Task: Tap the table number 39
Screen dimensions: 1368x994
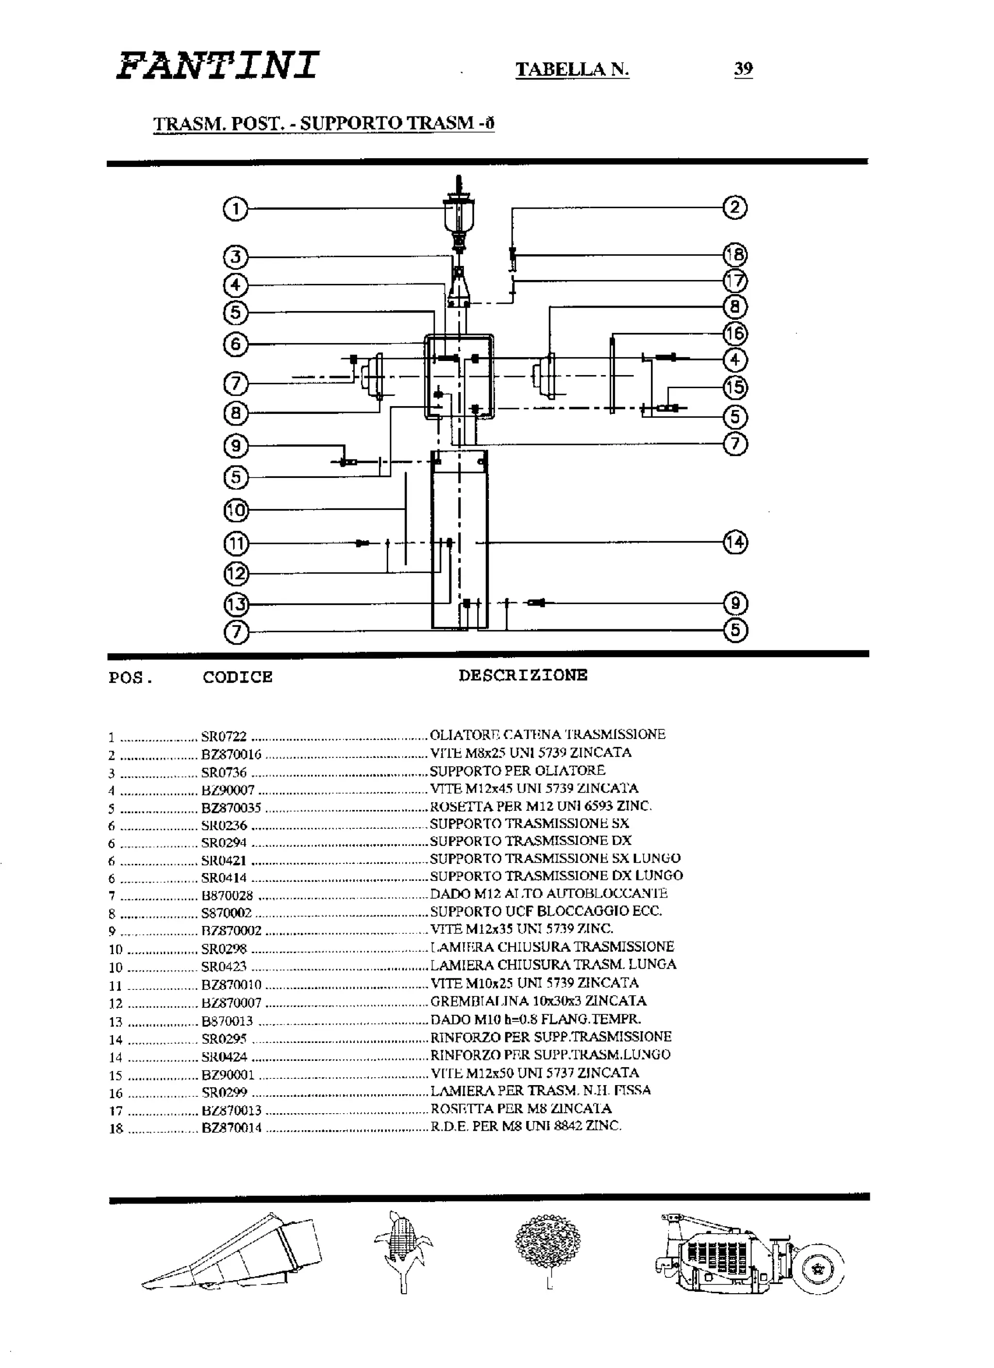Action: [743, 69]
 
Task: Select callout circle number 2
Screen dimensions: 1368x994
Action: [735, 208]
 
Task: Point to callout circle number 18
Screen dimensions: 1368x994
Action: [735, 255]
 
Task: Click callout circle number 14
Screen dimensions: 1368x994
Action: [735, 542]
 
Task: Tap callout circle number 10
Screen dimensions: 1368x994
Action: [236, 511]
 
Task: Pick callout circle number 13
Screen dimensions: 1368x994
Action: [236, 604]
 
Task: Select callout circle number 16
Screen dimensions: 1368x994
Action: [735, 333]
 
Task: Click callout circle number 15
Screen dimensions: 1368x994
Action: [735, 387]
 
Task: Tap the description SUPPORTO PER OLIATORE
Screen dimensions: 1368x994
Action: [517, 771]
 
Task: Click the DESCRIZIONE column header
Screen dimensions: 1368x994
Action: [522, 675]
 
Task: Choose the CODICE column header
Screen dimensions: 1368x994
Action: [237, 677]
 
